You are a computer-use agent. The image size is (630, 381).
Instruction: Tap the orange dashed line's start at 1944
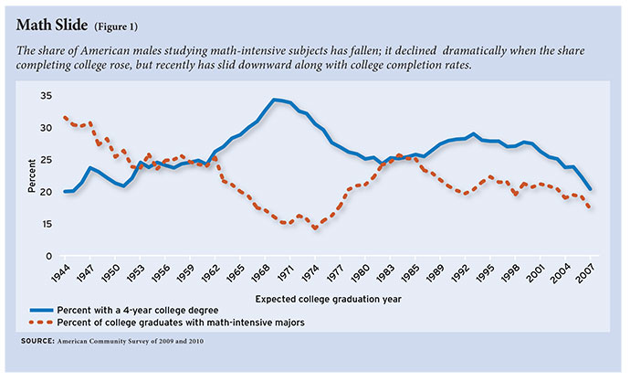64,117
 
